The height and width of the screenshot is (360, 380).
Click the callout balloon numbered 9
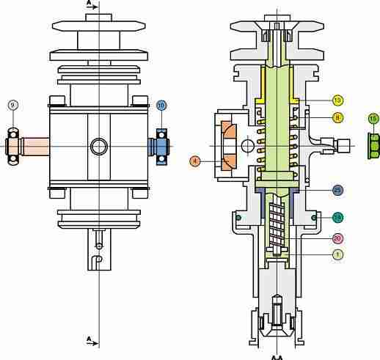click(12, 105)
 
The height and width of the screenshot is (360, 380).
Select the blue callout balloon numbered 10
click(161, 105)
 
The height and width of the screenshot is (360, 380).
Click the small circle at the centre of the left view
click(98, 147)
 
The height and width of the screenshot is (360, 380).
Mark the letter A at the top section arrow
click(89, 4)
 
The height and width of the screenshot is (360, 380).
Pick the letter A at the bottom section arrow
click(89, 339)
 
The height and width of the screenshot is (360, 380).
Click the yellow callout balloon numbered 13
click(337, 100)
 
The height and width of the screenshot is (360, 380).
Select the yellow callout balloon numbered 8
click(337, 117)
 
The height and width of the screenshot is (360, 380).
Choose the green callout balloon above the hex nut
click(373, 118)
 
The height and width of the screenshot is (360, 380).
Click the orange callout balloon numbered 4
click(195, 161)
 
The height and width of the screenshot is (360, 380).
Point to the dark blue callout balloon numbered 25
click(337, 190)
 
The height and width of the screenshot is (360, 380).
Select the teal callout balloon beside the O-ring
click(337, 217)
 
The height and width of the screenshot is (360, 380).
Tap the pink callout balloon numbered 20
click(337, 238)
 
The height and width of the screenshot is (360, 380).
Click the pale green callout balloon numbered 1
click(337, 254)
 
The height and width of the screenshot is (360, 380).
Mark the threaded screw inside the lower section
click(275, 224)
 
